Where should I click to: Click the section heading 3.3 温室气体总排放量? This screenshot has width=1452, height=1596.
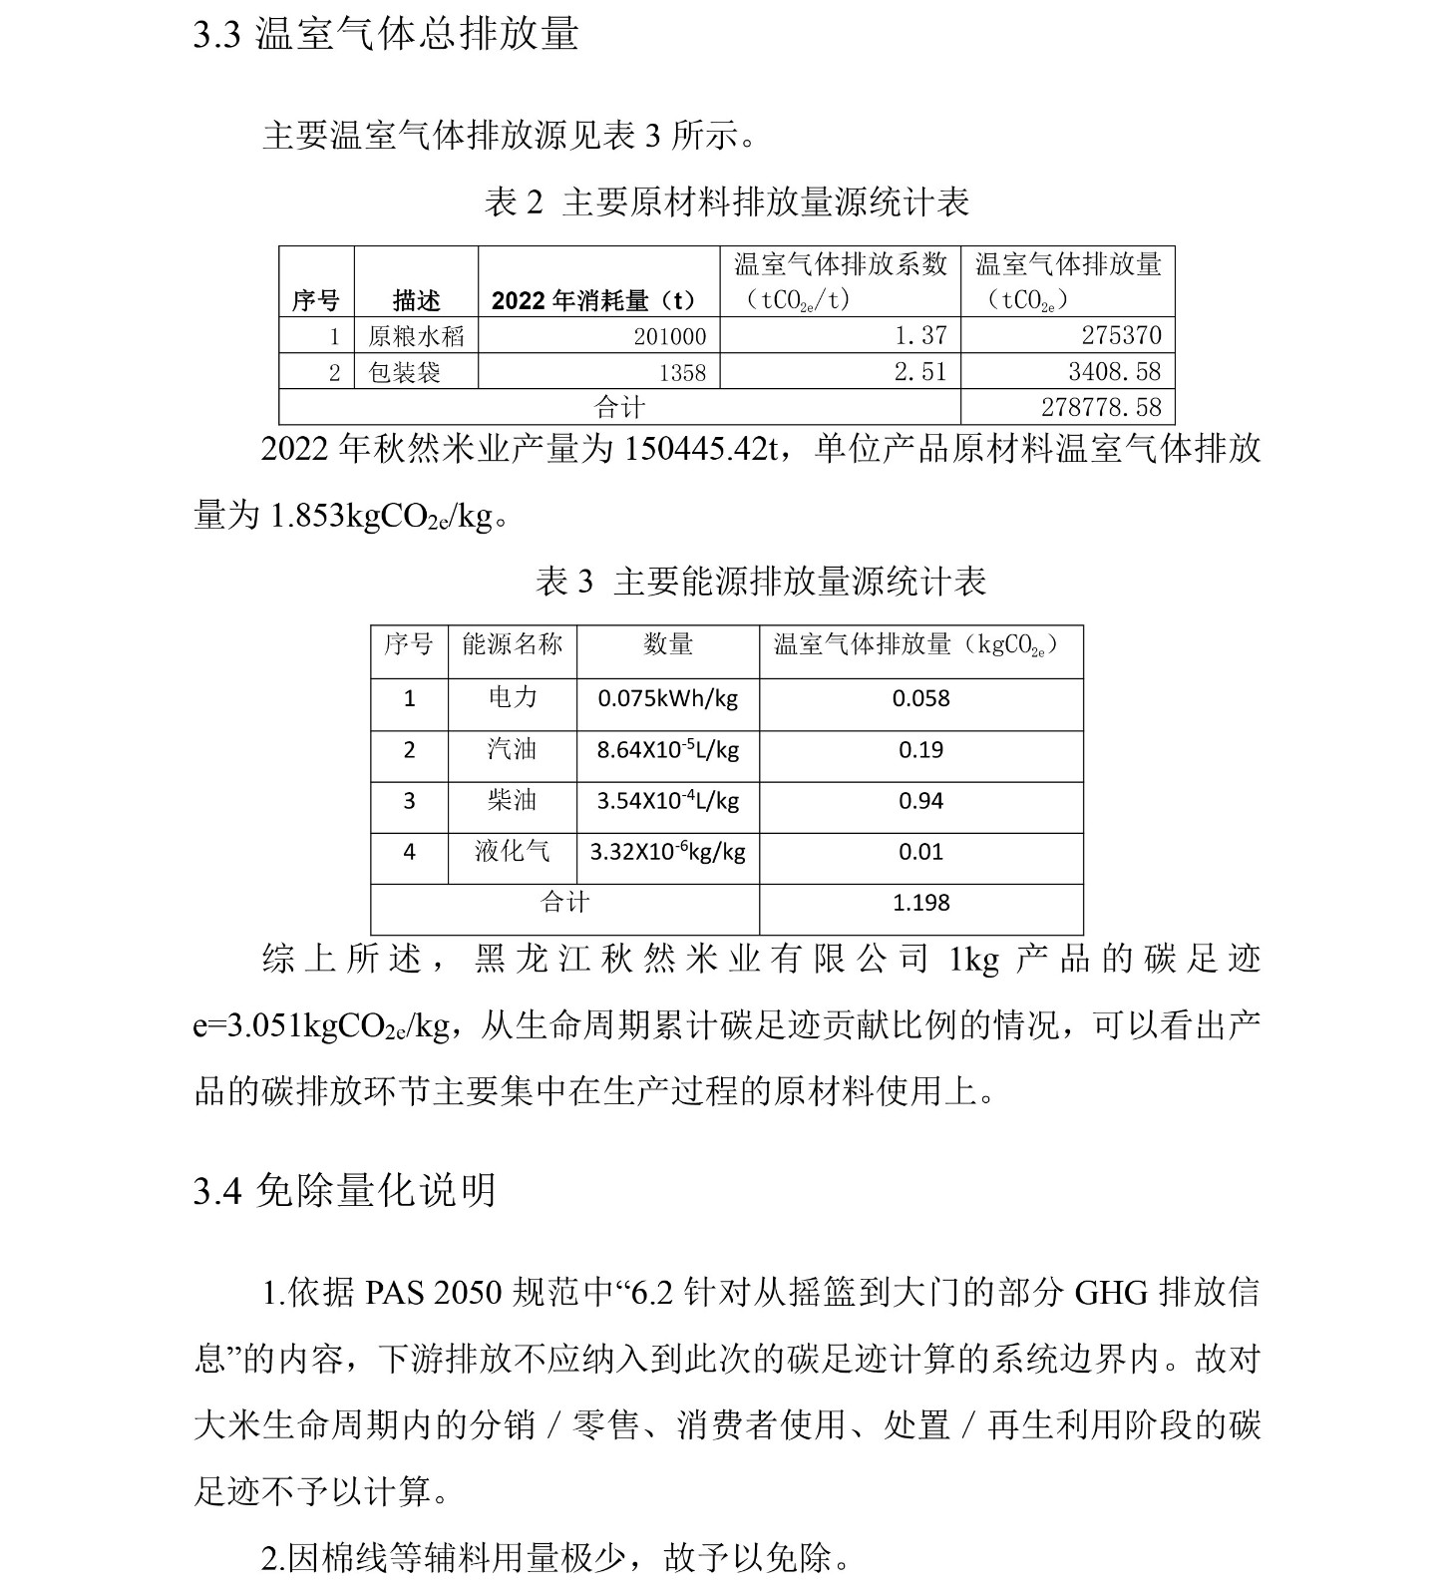[x=386, y=34]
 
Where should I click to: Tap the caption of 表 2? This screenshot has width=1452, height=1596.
[x=726, y=202]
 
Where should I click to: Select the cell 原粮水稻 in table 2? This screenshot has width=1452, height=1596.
[x=416, y=336]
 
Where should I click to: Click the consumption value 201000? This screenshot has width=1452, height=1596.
[x=669, y=337]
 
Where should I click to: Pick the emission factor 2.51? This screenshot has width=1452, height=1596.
[x=919, y=372]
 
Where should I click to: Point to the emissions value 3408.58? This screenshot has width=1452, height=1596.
[x=1114, y=372]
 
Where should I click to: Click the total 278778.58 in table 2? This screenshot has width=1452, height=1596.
[x=1101, y=407]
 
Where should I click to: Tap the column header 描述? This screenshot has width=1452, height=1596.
[x=416, y=299]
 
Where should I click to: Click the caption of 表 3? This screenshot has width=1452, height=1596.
[x=760, y=582]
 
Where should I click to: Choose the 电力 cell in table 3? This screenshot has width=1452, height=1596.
[x=513, y=697]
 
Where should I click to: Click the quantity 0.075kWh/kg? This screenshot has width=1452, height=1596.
[x=667, y=698]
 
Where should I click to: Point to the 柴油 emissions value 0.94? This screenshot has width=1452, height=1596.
[x=920, y=801]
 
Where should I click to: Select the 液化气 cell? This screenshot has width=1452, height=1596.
[x=513, y=851]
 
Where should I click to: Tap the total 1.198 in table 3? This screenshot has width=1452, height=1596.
[x=920, y=903]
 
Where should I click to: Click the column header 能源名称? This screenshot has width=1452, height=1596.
[x=513, y=644]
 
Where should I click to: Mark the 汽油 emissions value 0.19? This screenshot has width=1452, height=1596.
[x=920, y=750]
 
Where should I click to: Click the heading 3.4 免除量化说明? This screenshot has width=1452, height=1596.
[x=344, y=1190]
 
